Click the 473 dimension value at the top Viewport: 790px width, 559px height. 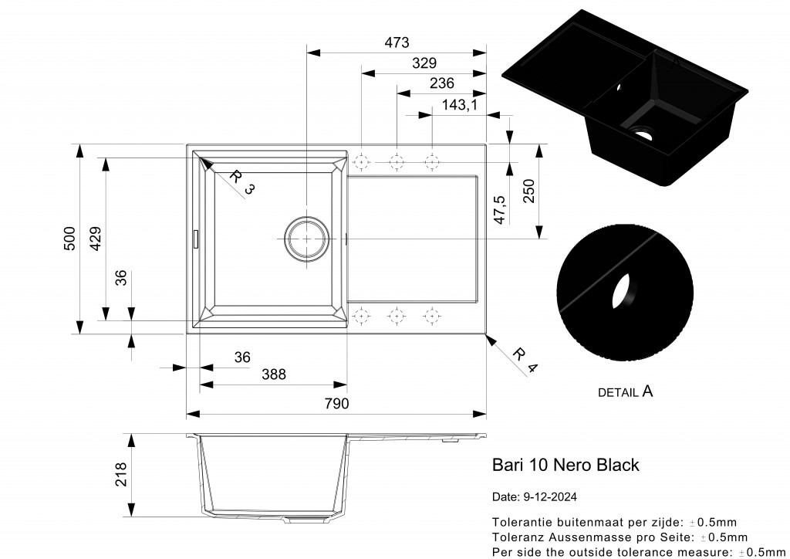[397, 42]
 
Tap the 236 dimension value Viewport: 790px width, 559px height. [441, 83]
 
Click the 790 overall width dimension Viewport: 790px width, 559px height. [337, 404]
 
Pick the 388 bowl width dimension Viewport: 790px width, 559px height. [273, 374]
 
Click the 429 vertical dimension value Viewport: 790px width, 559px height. [96, 239]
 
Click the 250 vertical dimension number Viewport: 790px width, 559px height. [528, 191]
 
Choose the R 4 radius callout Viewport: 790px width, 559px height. [524, 360]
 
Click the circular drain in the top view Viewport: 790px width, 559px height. [306, 239]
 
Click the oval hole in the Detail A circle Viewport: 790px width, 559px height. [623, 291]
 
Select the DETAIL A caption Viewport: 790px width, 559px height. [625, 392]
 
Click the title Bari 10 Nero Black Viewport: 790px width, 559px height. [565, 465]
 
